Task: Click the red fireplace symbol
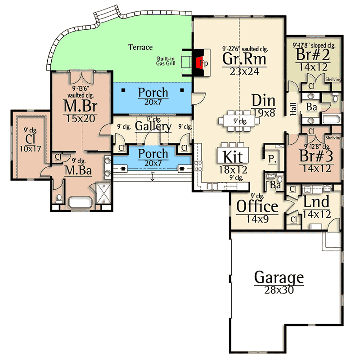tap(198, 62)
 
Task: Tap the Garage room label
tap(279, 277)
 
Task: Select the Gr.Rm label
tap(244, 58)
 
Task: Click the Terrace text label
tap(140, 47)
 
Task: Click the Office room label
tap(257, 207)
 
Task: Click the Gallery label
tap(153, 127)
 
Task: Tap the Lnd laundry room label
tap(316, 201)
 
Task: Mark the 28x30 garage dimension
tap(279, 290)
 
